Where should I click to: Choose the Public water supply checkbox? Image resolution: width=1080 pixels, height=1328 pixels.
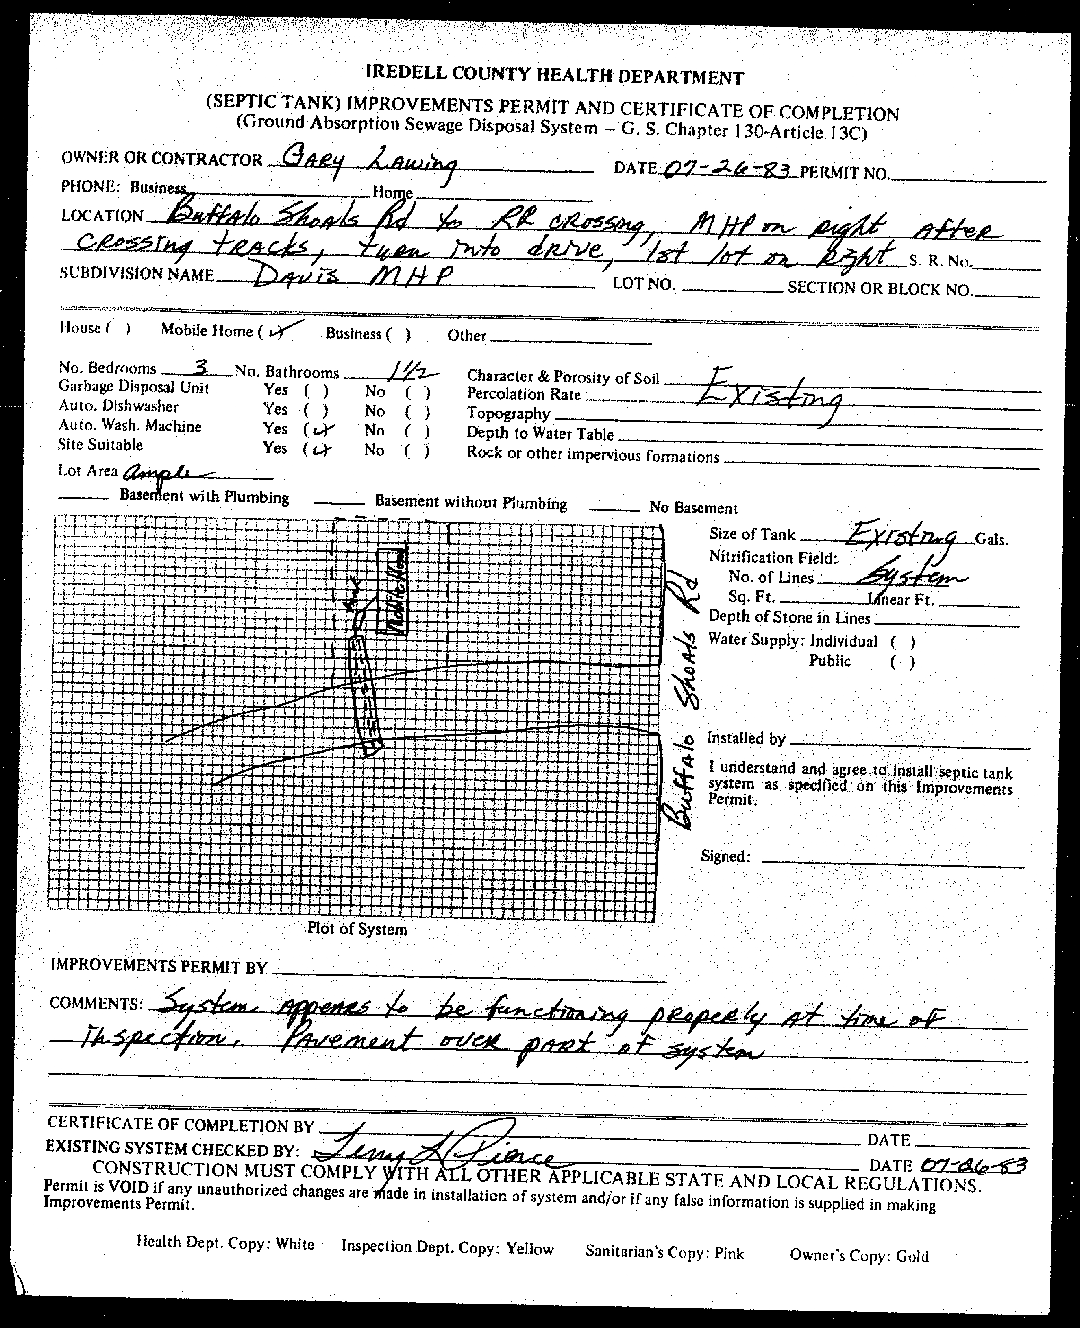pos(902,662)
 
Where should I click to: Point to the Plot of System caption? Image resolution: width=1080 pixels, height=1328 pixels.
pos(357,929)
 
